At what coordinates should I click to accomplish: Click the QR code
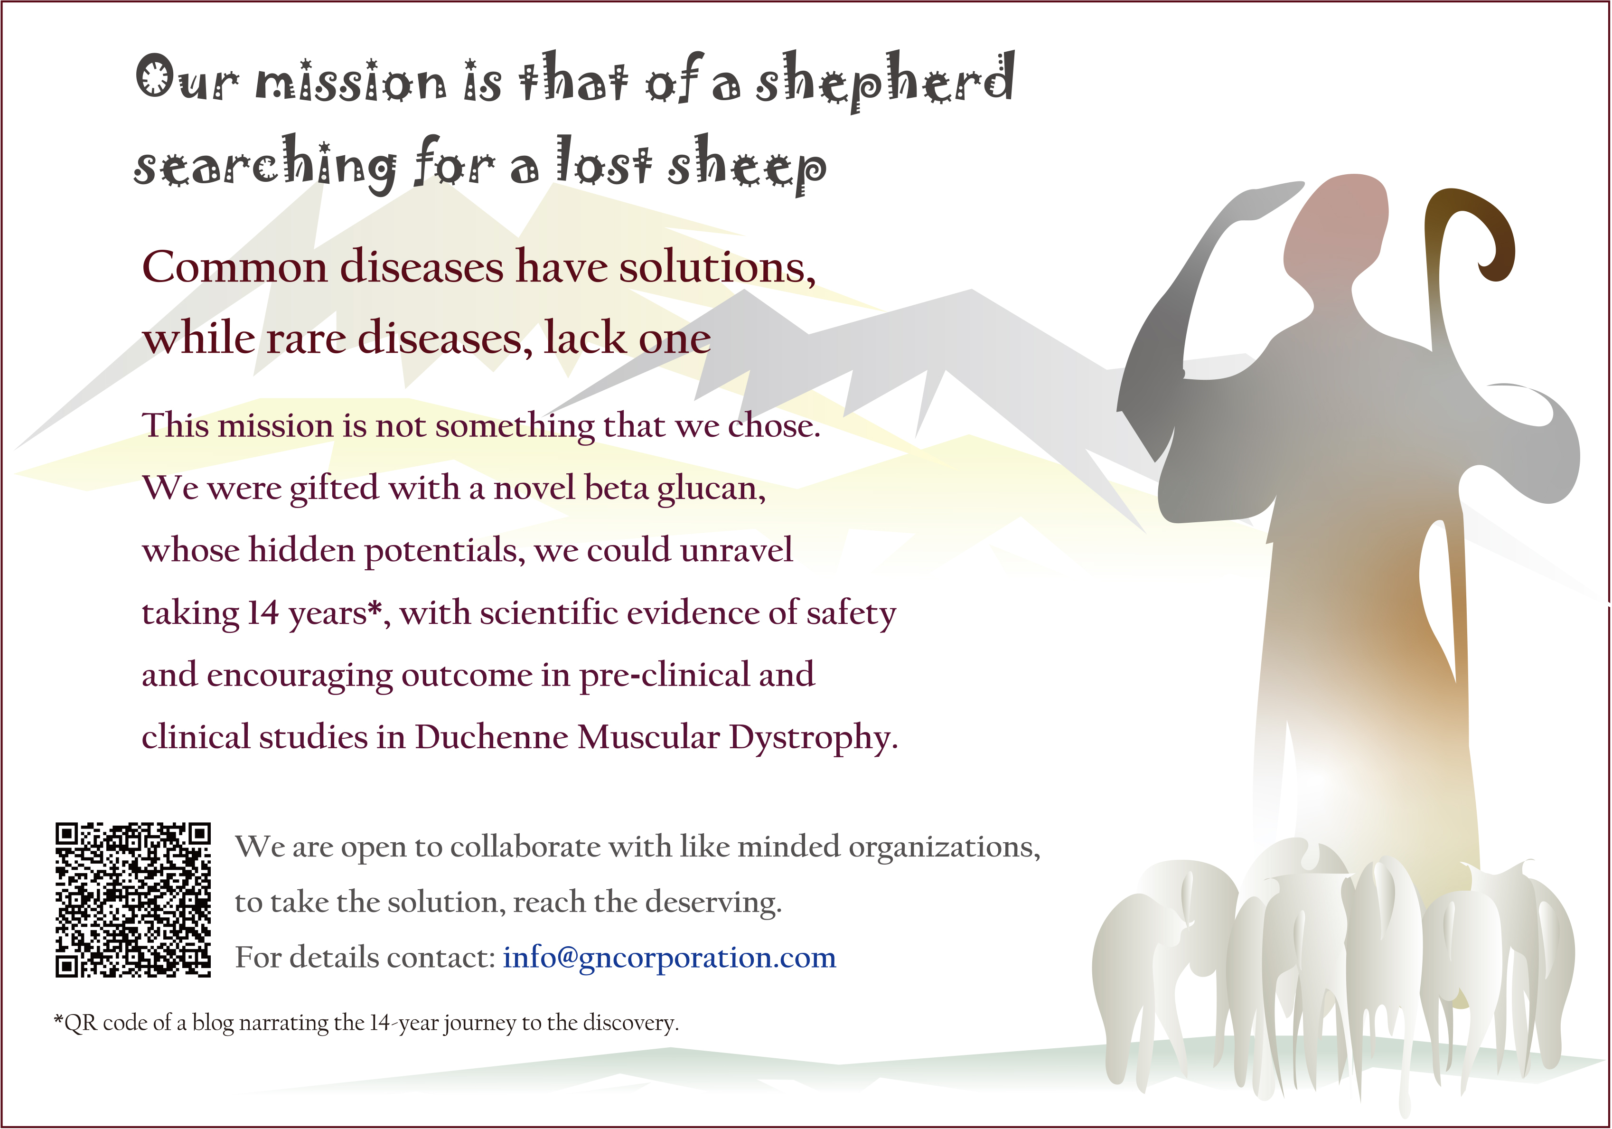pos(133,899)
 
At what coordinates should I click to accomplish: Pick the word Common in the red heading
pos(235,267)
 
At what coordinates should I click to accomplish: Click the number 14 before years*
pos(263,613)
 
